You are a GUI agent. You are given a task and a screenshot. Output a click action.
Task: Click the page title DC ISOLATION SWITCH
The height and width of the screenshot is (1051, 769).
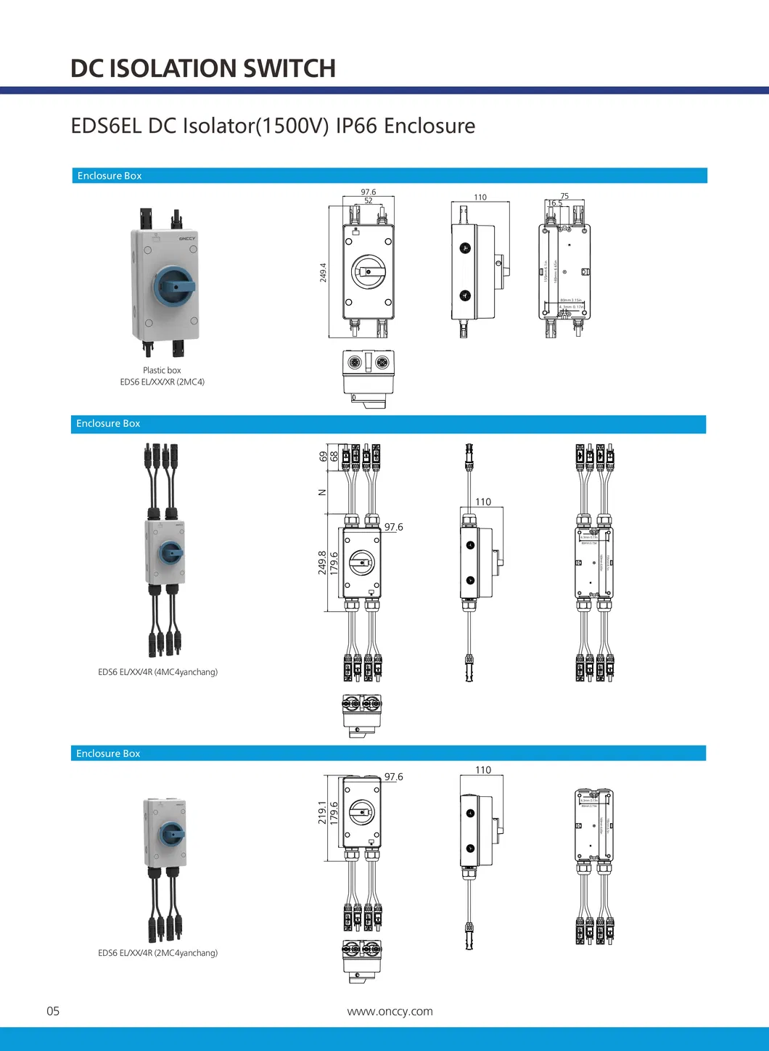[x=202, y=68]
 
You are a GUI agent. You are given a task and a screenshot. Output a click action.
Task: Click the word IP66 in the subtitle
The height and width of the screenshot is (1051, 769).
[x=356, y=126]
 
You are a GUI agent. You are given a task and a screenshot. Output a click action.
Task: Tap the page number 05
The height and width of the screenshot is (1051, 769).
[x=53, y=1011]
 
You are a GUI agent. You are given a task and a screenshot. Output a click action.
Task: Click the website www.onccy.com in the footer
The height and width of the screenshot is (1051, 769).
[x=390, y=1011]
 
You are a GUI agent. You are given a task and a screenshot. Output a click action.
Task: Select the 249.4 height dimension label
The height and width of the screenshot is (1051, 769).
[x=323, y=272]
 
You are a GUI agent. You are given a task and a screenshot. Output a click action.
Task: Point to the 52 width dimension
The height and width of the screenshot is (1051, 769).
[x=369, y=201]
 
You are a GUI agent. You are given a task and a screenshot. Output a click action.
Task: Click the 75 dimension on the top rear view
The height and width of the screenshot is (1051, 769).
[x=564, y=196]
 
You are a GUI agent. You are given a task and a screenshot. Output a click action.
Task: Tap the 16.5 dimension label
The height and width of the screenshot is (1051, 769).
[x=555, y=203]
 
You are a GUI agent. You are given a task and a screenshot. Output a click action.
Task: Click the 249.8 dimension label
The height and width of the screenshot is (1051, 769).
[x=322, y=563]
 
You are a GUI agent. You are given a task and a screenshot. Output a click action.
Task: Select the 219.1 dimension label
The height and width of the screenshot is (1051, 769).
[x=322, y=812]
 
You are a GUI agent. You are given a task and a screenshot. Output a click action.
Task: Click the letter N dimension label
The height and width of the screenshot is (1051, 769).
[x=323, y=492]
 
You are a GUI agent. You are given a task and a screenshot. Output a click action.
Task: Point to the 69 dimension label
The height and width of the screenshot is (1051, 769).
[x=324, y=457]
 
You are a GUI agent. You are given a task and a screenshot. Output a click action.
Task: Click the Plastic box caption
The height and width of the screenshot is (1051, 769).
[x=162, y=370]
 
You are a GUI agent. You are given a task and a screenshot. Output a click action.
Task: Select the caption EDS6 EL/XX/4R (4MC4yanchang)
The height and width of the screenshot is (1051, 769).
[x=157, y=672]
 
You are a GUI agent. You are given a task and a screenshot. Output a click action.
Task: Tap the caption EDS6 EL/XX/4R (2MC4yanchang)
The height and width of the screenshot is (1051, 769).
[x=157, y=953]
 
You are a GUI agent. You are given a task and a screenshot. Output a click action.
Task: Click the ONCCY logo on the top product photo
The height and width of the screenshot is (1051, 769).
[x=187, y=238]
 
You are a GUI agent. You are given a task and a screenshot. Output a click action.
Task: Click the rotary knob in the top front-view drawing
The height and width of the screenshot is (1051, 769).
[x=369, y=272]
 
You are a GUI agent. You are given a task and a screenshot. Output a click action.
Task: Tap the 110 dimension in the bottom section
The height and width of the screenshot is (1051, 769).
[x=483, y=770]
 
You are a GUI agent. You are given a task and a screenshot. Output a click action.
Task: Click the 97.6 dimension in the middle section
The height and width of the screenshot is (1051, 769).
[x=394, y=527]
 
